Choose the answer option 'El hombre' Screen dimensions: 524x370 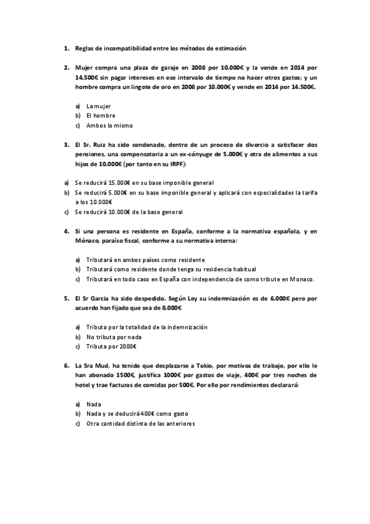[x=101, y=116]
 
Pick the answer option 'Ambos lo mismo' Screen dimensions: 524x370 [x=109, y=125]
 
